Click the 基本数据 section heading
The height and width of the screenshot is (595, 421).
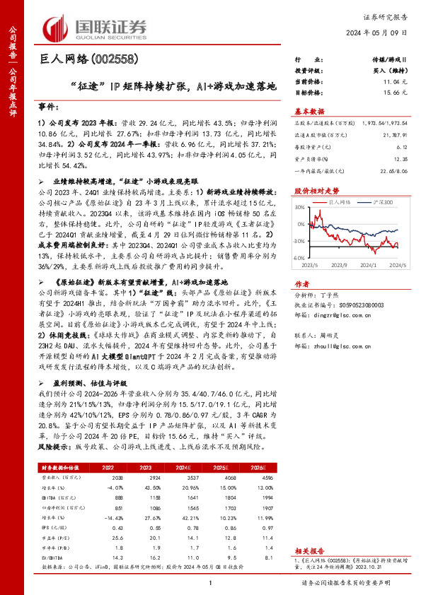(x=308, y=112)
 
